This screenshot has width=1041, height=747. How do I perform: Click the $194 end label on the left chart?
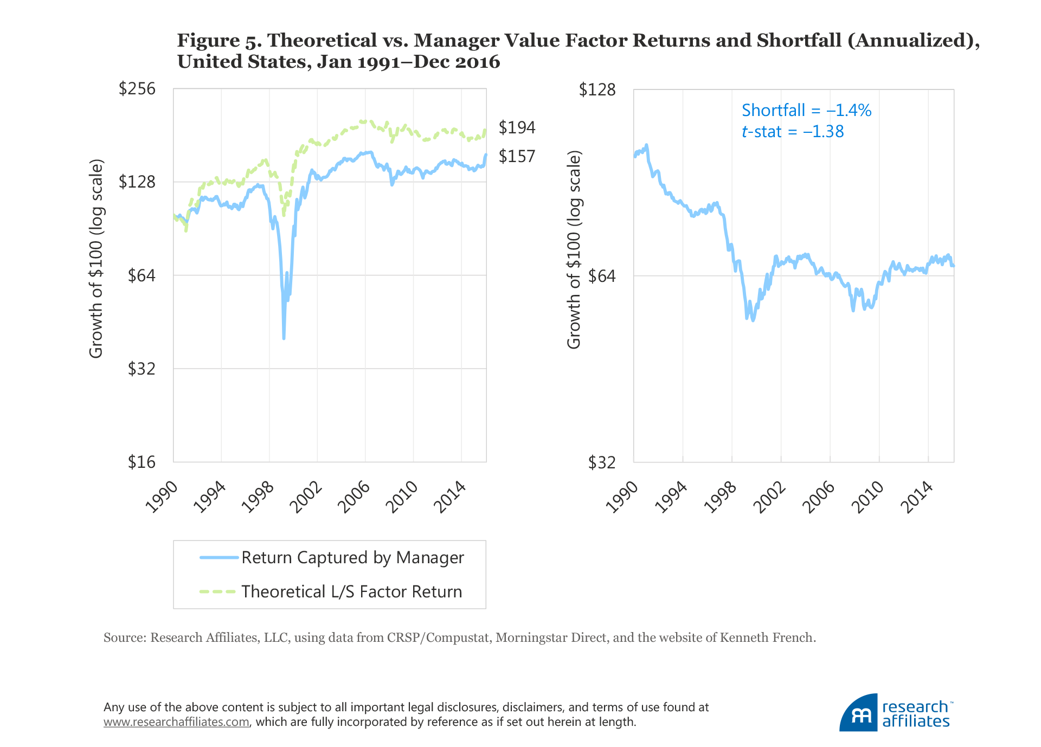coord(517,127)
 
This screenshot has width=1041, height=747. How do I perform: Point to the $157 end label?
coord(517,156)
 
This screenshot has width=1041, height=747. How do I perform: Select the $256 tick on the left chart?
coord(137,88)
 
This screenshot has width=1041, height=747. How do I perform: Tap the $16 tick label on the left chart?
coord(142,462)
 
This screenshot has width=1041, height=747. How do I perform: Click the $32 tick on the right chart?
coord(602,462)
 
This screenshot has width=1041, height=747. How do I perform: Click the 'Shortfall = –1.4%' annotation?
coord(806,111)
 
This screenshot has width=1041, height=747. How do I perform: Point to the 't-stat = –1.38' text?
coord(793,132)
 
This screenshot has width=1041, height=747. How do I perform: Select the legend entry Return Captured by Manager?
coord(352,558)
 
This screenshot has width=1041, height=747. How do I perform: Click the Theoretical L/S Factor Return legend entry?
coord(351,591)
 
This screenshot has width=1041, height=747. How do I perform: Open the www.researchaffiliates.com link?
coord(176,722)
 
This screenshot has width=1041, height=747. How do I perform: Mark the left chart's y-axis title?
coord(96,259)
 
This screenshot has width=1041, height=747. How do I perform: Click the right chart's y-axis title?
coord(574,250)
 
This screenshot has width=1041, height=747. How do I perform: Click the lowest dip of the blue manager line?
coord(284,339)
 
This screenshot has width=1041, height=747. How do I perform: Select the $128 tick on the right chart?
coord(597,89)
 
